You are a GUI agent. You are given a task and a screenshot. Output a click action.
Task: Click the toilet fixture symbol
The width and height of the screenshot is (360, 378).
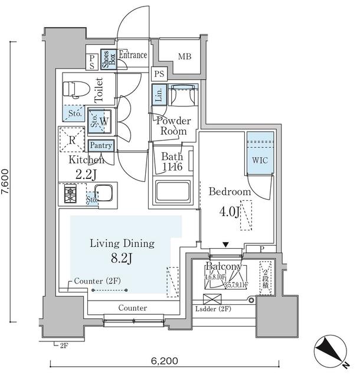pyautogui.click(x=76, y=89)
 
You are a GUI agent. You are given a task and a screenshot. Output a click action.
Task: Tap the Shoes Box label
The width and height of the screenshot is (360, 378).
pyautogui.click(x=109, y=59)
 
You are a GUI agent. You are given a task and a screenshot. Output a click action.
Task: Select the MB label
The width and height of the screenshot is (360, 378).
pyautogui.click(x=184, y=57)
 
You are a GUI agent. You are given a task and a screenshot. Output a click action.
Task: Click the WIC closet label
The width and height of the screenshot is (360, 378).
pyautogui.click(x=259, y=160)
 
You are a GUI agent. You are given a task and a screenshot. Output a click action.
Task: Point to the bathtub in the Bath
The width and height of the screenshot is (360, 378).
pyautogui.click(x=173, y=193)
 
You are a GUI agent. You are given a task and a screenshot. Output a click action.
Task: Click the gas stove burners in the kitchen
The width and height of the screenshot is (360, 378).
pyautogui.click(x=71, y=194)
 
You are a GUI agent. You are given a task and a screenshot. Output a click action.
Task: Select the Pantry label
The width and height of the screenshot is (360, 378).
pyautogui.click(x=100, y=145)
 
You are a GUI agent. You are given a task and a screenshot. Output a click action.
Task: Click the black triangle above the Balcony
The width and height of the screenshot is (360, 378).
pyautogui.click(x=226, y=244)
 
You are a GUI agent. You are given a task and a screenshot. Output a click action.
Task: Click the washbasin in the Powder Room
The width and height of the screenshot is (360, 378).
pyautogui.click(x=182, y=96)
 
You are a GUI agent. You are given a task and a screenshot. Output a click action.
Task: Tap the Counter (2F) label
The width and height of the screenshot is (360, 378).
pyautogui.click(x=99, y=281)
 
